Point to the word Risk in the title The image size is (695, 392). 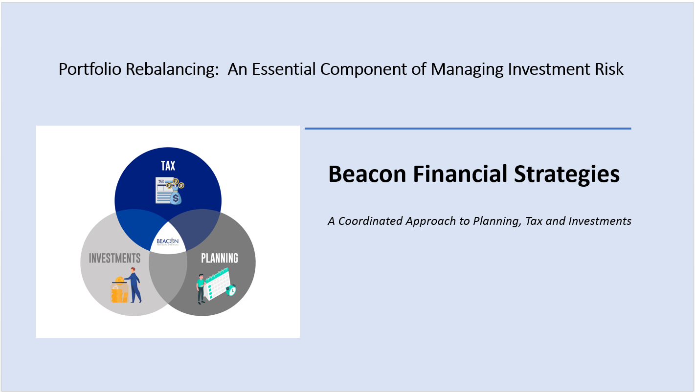(609, 69)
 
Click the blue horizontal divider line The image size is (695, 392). (468, 129)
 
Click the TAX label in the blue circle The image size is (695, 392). (168, 166)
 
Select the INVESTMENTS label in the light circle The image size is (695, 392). (115, 258)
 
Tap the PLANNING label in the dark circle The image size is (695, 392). (220, 258)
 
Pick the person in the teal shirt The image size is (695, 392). (200, 288)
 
